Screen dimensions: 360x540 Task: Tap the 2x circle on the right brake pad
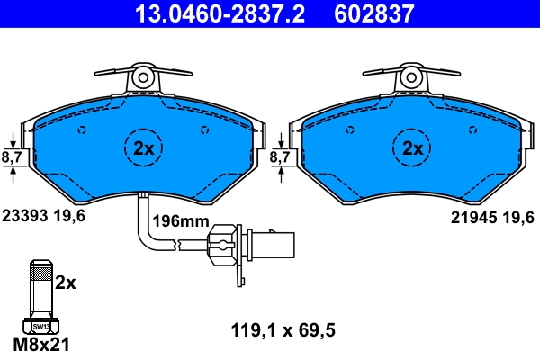pyautogui.click(x=411, y=148)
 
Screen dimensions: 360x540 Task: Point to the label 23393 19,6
pyautogui.click(x=42, y=216)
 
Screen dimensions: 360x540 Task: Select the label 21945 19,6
pyautogui.click(x=491, y=216)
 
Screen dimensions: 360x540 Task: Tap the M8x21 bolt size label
pyautogui.click(x=41, y=345)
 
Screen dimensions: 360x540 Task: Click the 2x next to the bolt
pyautogui.click(x=67, y=282)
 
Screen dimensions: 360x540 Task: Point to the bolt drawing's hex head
pyautogui.click(x=40, y=326)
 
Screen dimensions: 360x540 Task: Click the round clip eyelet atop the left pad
pyautogui.click(x=143, y=78)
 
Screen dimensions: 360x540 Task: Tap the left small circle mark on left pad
pyautogui.click(x=83, y=130)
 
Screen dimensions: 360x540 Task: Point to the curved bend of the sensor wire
pyautogui.click(x=145, y=241)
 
